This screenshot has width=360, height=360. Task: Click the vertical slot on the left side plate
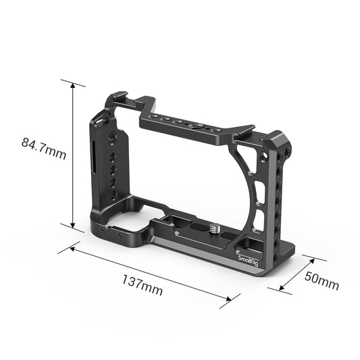pos(94,155)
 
